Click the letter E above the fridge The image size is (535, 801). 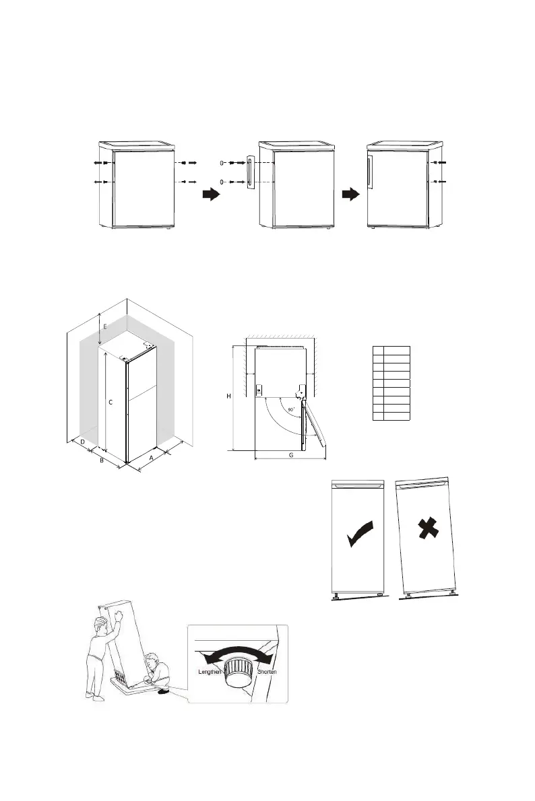[x=104, y=326]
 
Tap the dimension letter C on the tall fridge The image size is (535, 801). [x=111, y=401]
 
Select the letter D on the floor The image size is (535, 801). [x=82, y=442]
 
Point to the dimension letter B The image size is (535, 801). [x=101, y=461]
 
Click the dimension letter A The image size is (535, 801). [x=151, y=456]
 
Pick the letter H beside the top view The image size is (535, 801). [x=228, y=396]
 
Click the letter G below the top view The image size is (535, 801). [x=290, y=455]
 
